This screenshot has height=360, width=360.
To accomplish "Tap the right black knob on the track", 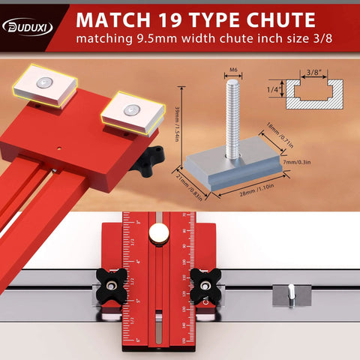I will tap(203, 283).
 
